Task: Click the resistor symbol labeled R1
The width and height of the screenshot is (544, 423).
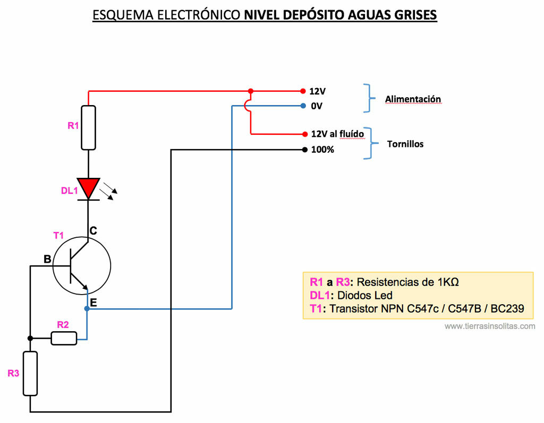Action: coord(89,127)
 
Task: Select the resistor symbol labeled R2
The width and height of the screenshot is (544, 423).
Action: coord(64,338)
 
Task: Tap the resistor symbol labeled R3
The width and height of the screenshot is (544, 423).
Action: coord(30,373)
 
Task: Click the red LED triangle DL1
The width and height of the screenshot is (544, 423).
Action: coord(88,188)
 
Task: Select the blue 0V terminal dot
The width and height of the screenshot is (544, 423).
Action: coord(303,106)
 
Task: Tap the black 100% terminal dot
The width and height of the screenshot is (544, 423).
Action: coord(304,150)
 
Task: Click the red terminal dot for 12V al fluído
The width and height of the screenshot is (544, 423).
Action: coord(304,134)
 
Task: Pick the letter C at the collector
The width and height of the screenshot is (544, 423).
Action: coord(93,231)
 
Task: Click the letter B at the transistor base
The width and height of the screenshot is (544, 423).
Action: coord(47,260)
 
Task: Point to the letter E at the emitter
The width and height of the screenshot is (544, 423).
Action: coord(93,303)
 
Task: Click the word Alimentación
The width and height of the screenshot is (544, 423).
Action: coord(413,99)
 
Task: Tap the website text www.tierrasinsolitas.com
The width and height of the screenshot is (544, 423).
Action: coord(490,326)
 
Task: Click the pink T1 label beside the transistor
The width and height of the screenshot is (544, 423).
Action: coord(58,235)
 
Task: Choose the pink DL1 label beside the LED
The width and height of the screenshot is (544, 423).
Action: coord(69,191)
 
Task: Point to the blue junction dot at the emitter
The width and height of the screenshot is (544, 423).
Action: coord(87,308)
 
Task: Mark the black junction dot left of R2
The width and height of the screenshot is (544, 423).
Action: coord(30,338)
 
